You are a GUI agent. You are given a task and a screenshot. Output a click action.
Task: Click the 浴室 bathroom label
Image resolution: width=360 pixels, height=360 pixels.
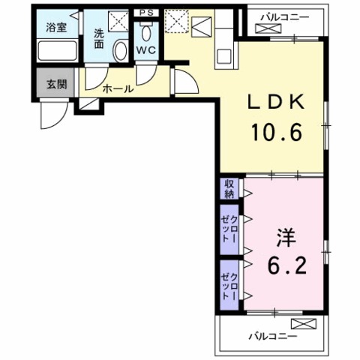pos(56,28)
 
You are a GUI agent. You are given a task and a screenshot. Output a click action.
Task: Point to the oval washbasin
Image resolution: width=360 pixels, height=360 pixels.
pos(120,50)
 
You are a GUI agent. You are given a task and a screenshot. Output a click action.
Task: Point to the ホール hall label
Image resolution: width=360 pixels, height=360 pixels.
pos(118,88)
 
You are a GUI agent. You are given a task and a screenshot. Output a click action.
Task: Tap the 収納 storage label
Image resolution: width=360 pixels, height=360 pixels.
pos(228,187)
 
